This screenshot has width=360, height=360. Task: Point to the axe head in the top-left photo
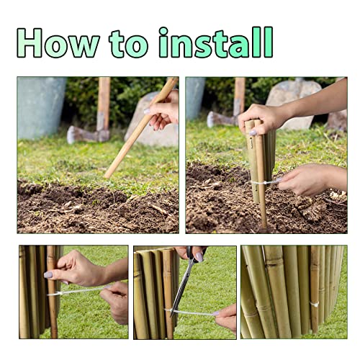click(81, 134)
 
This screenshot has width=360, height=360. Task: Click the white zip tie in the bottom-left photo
click(79, 291)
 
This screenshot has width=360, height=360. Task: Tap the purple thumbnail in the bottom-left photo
click(48, 274)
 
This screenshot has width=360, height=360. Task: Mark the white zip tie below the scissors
click(191, 312)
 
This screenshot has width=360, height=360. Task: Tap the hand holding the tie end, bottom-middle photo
click(226, 317)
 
